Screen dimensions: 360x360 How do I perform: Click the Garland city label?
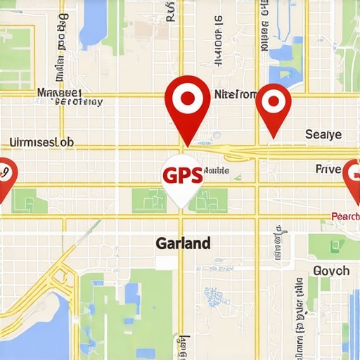click(182, 243)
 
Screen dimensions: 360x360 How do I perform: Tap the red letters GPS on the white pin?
click(182, 175)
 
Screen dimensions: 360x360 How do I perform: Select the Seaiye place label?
click(323, 134)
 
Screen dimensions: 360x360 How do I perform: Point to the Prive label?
click(328, 169)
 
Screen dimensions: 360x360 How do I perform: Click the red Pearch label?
click(345, 217)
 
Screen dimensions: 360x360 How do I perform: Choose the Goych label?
click(330, 271)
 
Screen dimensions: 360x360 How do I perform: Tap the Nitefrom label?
click(235, 94)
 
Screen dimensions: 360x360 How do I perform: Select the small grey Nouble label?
click(215, 172)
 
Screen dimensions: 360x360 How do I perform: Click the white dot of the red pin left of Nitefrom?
click(186, 98)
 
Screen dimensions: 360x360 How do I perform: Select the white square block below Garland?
click(165, 262)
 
